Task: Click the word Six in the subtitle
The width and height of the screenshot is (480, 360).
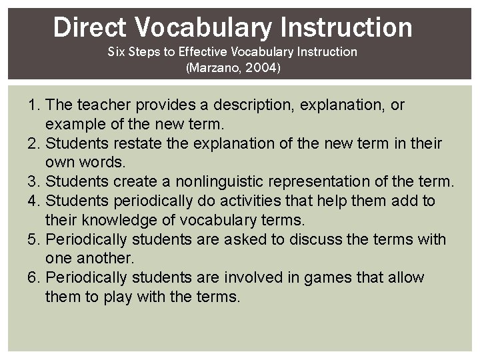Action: pyautogui.click(x=117, y=51)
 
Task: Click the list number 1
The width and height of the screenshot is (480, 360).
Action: pyautogui.click(x=33, y=105)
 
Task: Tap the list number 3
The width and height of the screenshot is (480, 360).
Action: pyautogui.click(x=33, y=181)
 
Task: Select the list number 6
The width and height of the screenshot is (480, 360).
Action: pyautogui.click(x=33, y=277)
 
